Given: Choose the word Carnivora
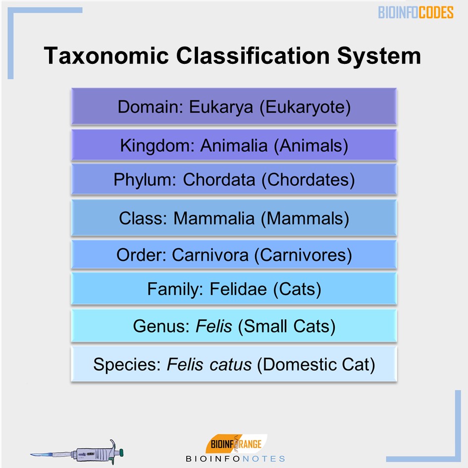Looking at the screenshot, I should tap(210, 255).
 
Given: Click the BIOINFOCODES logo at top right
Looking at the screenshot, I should tap(416, 12).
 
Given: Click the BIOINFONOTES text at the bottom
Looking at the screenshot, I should tap(235, 459).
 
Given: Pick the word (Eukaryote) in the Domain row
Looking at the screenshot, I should tap(305, 107).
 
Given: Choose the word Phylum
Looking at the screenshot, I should tap(143, 180).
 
